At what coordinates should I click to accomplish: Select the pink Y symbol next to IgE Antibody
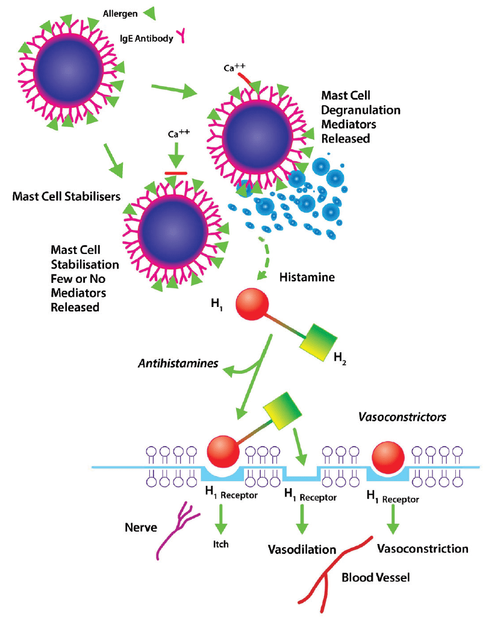(x=179, y=38)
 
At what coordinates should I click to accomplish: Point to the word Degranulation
(x=360, y=110)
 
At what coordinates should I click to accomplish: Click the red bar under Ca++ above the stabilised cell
(x=176, y=173)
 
